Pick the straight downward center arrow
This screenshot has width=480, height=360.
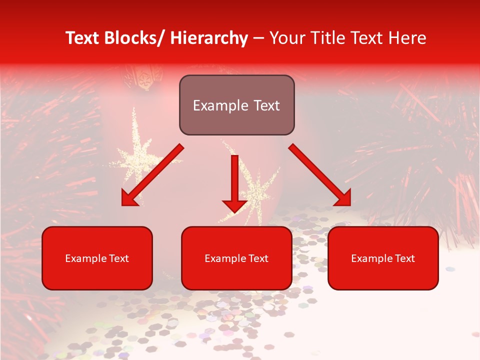click(234, 180)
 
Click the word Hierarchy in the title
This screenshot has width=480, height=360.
click(208, 38)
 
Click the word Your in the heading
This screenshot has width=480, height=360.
click(287, 38)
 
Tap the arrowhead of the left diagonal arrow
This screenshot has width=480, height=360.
click(130, 198)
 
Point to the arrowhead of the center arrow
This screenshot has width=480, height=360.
click(234, 205)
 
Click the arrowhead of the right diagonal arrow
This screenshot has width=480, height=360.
click(341, 197)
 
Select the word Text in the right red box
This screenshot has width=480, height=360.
click(404, 258)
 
